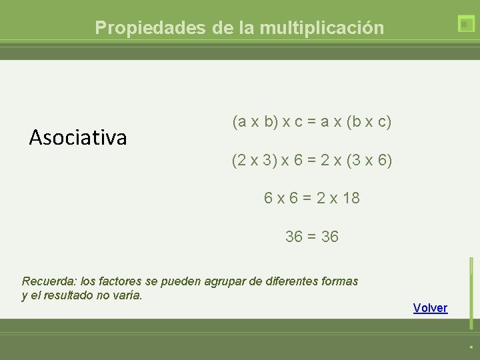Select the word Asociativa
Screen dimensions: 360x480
click(78, 138)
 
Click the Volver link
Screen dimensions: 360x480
click(430, 307)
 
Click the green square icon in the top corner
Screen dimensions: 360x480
click(466, 24)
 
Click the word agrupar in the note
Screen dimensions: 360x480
click(227, 281)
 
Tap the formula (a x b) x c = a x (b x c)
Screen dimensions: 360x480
click(311, 122)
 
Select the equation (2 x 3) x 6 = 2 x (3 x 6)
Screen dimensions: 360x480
click(311, 161)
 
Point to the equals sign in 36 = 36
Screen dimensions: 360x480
click(311, 237)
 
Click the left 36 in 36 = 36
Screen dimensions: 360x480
click(294, 237)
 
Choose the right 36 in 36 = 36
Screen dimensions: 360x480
click(329, 237)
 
